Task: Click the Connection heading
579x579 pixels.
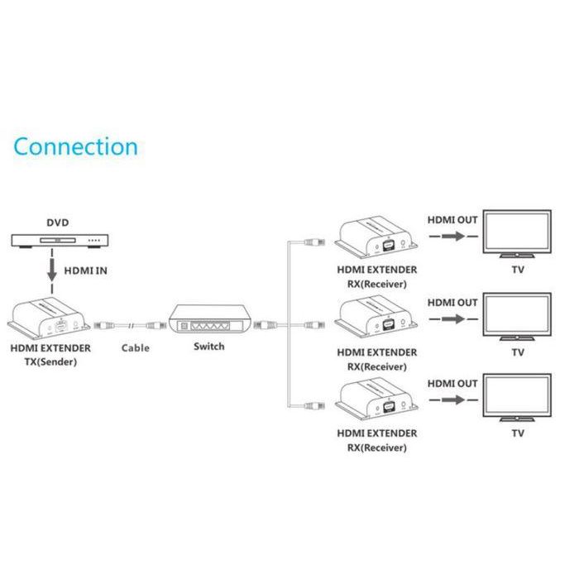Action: click(75, 147)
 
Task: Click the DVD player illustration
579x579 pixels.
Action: click(58, 241)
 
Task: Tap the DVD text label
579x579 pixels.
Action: click(58, 223)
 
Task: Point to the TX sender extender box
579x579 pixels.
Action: click(49, 318)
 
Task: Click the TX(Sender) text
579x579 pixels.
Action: click(50, 361)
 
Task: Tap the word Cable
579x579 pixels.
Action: click(135, 347)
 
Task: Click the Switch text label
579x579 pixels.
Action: click(208, 347)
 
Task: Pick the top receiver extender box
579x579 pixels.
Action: click(376, 237)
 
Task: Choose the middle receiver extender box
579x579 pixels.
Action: click(376, 318)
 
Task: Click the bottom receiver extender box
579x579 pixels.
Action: click(376, 400)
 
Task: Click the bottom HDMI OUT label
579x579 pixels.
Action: click(452, 384)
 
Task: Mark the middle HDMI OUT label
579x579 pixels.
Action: click(452, 303)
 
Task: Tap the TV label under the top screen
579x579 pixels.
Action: click(518, 270)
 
